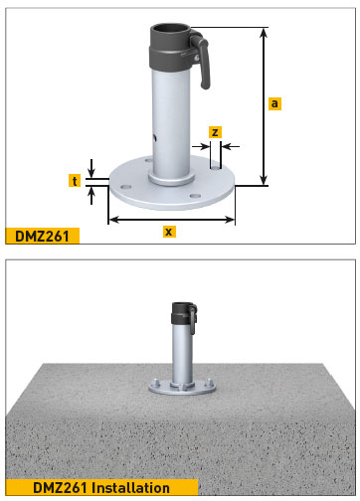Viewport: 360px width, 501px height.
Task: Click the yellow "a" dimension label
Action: click(273, 101)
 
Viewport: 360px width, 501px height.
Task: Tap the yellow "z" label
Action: click(216, 131)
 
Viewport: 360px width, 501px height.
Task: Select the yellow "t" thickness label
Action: click(75, 180)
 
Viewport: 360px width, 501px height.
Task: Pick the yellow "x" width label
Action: click(169, 231)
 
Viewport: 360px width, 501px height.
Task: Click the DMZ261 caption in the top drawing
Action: click(41, 236)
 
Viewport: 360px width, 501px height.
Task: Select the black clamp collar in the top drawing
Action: click(171, 45)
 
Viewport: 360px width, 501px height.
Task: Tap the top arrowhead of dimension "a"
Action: click(264, 31)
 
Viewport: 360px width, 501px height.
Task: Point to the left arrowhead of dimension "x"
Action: click(111, 218)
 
